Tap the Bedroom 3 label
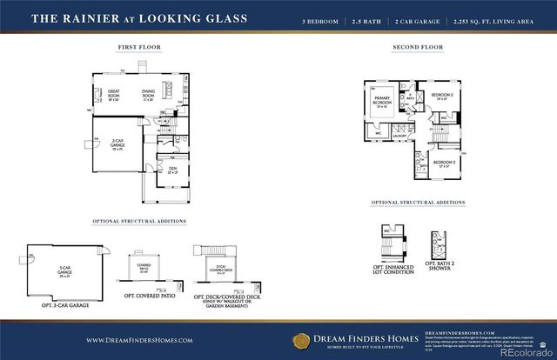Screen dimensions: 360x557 445,162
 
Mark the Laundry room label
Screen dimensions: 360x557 400,136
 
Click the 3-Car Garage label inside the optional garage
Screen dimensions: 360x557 64,270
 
